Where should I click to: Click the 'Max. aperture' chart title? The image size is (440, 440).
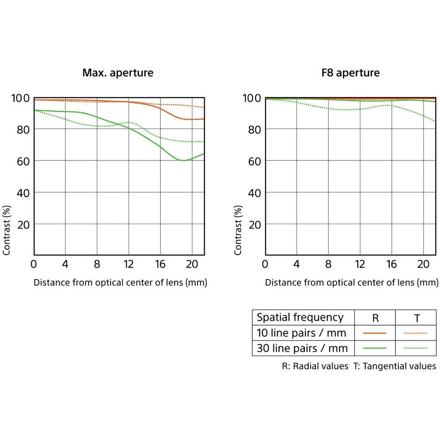[x=118, y=73]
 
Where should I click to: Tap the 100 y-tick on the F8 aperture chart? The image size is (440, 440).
[x=253, y=98]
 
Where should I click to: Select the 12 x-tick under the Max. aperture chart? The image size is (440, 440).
[x=129, y=265]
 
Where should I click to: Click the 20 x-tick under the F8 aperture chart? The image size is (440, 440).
[x=423, y=265]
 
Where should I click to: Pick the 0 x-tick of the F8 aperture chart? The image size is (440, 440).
[x=265, y=265]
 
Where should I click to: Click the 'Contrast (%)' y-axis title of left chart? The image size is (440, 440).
[x=7, y=230]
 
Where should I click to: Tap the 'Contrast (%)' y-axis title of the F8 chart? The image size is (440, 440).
[x=238, y=230]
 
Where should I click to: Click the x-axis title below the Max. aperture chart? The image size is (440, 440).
[x=120, y=283]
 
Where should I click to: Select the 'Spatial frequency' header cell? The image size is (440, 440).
[x=300, y=318]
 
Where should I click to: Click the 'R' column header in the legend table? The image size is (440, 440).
[x=375, y=319]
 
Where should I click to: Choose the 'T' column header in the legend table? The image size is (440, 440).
[x=417, y=319]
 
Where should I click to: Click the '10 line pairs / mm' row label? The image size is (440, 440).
[x=302, y=333]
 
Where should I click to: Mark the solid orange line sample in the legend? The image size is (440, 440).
[x=375, y=333]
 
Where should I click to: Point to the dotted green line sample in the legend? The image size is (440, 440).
[x=416, y=348]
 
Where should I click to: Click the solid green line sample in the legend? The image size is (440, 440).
[x=375, y=348]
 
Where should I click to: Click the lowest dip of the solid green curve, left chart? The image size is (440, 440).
[x=182, y=160]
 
